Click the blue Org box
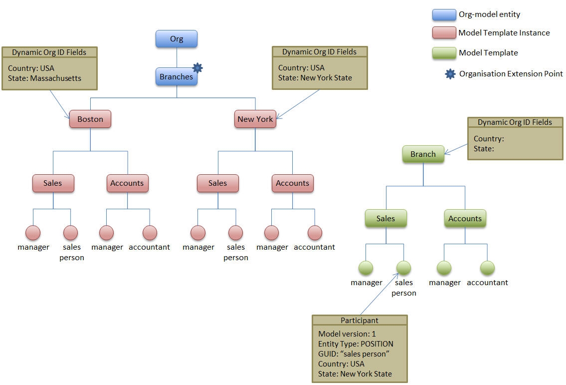pos(177,39)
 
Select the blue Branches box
pos(176,77)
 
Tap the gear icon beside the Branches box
pos(197,67)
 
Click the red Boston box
pos(90,119)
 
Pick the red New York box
pos(255,119)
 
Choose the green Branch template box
pos(423,154)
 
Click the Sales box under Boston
pos(53,183)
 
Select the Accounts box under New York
pos(292,183)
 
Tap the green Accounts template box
pos(465,218)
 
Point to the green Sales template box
pos(385,218)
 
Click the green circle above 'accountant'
pos(487,268)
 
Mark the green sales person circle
pos(403,268)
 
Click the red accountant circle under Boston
pos(150,232)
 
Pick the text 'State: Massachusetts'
pos(44,78)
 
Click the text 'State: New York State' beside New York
pos(315,77)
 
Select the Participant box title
pos(359,320)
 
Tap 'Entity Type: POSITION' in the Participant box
pos(356,344)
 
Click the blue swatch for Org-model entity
pos(444,14)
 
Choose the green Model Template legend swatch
pos(444,52)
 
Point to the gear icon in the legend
pos(450,74)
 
